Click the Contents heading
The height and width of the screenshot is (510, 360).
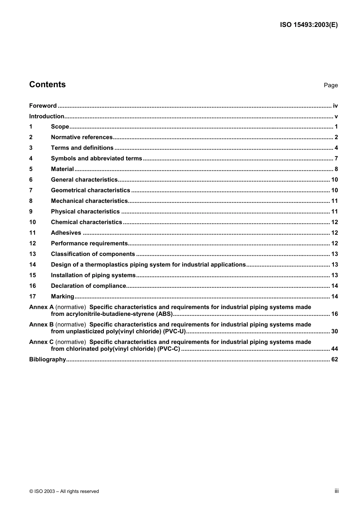tap(47, 85)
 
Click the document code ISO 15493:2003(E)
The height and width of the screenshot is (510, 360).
tap(308, 25)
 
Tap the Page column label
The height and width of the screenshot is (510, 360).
tap(330, 85)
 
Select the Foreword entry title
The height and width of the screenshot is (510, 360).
tap(43, 106)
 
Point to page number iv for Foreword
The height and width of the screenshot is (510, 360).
tap(335, 106)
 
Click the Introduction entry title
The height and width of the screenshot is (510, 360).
tap(47, 116)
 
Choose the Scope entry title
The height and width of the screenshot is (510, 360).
tap(60, 127)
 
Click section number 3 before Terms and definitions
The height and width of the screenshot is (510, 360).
tap(31, 148)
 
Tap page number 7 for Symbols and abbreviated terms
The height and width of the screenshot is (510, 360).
tap(336, 158)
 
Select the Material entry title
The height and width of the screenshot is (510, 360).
tap(62, 169)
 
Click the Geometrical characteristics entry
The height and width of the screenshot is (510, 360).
tap(90, 190)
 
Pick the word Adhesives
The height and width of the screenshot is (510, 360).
tap(66, 233)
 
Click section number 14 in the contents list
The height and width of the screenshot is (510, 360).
tap(33, 265)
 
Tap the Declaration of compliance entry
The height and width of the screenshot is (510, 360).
tap(88, 286)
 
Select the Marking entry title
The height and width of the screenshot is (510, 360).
tap(63, 297)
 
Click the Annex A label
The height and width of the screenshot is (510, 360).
tap(41, 307)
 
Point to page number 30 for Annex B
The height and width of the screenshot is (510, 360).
tap(334, 331)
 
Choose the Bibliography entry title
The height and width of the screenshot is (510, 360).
tap(47, 359)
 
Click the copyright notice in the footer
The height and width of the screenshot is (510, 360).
tap(64, 491)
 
